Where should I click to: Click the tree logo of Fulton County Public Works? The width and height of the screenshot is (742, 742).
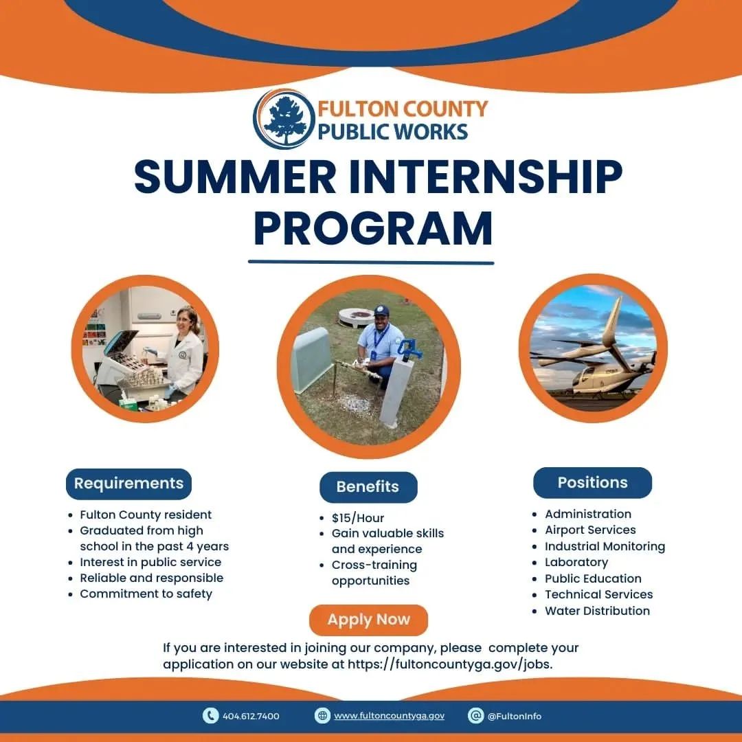point(284,119)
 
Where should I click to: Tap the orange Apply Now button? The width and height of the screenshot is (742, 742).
point(369,620)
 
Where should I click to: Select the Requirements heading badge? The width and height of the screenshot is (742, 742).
point(128,484)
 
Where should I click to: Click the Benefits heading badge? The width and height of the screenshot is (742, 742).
point(368,487)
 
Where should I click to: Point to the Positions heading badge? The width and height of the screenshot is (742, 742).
point(592,483)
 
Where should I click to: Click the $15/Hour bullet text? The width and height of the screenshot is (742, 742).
point(358,518)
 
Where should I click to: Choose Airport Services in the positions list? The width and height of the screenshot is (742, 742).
point(590,530)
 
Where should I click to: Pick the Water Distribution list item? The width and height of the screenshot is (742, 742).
point(597,611)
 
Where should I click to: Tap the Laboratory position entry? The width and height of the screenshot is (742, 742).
point(576,562)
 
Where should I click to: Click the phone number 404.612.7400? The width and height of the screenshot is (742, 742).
point(251,716)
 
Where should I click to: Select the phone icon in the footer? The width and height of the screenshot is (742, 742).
point(210,715)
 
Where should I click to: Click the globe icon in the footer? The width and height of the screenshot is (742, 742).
point(322,715)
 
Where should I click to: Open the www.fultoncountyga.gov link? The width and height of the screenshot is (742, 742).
point(389,716)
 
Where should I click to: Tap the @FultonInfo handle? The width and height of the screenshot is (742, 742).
point(515,716)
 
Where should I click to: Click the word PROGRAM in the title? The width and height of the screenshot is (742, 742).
point(373,229)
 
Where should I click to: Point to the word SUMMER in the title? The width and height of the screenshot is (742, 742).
point(235,176)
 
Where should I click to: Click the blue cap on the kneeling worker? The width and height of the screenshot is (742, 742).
point(381,311)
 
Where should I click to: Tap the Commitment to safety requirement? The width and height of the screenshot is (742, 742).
point(146,594)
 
